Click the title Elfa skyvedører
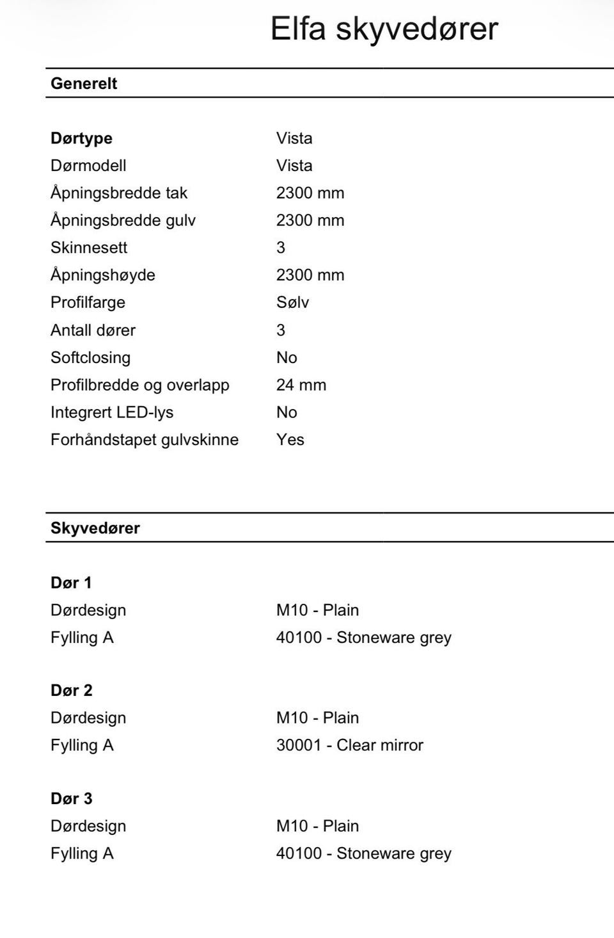[x=384, y=29]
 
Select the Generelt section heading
[x=84, y=83]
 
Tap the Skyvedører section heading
[x=95, y=528]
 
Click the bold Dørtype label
[x=81, y=138]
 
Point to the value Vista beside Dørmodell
[x=294, y=165]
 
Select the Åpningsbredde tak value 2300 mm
[x=310, y=193]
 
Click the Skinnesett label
[x=89, y=247]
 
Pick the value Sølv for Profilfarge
[x=292, y=302]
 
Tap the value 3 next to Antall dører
[x=281, y=330]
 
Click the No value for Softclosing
[x=287, y=357]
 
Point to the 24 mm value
[x=301, y=385]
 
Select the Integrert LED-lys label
[x=112, y=412]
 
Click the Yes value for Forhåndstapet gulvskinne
[x=290, y=439]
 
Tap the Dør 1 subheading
[x=71, y=583]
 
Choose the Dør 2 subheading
[x=72, y=690]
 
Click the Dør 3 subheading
[x=72, y=798]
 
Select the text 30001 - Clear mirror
[x=350, y=745]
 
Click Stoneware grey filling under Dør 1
[x=364, y=637]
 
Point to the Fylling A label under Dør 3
[x=82, y=853]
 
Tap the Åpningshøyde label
[x=103, y=275]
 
